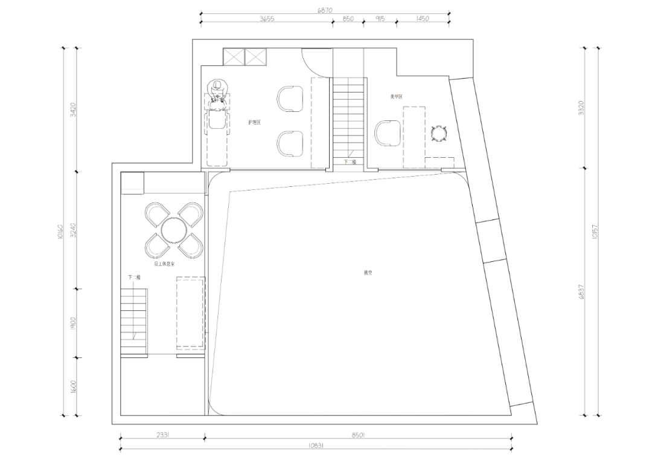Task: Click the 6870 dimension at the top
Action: (x=325, y=10)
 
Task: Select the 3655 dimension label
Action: (x=267, y=19)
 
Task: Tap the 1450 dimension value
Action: (x=423, y=19)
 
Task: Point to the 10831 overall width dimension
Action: (x=315, y=445)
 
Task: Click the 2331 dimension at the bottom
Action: (x=162, y=434)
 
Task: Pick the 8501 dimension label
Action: (x=357, y=434)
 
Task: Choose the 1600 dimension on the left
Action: (x=72, y=387)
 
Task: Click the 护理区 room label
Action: (x=254, y=122)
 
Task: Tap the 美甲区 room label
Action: (x=397, y=96)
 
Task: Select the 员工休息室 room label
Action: (x=164, y=264)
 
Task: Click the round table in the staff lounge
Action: (x=174, y=230)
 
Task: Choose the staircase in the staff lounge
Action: (x=134, y=320)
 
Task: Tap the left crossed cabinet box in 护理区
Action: (x=233, y=57)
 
